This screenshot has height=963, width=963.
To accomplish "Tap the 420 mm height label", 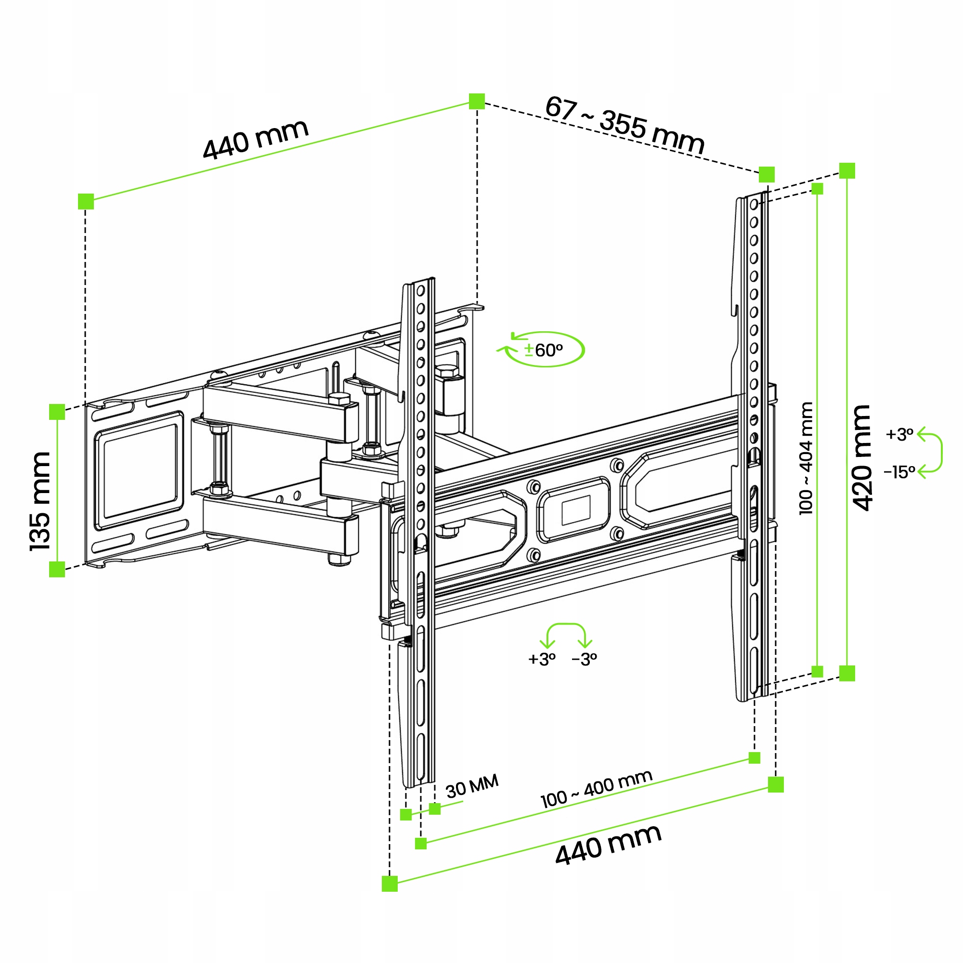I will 862,457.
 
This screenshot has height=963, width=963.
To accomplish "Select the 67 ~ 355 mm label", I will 624,124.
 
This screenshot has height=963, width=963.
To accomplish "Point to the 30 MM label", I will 471,786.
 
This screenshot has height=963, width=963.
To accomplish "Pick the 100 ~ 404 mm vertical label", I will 806,458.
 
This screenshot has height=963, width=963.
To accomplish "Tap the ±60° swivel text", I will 544,351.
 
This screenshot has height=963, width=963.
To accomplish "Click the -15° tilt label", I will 899,471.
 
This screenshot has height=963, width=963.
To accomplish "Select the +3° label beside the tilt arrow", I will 899,434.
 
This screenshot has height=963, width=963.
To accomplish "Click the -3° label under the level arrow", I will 584,660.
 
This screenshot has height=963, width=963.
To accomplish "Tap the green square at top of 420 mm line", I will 847,170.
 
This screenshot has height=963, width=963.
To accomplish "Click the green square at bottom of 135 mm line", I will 57,569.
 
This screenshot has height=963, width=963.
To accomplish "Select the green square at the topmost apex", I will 477,101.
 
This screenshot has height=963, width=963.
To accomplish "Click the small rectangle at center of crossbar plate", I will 576,510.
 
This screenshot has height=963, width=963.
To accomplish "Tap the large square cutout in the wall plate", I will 140,470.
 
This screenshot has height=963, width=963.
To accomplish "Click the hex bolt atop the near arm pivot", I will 339,398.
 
